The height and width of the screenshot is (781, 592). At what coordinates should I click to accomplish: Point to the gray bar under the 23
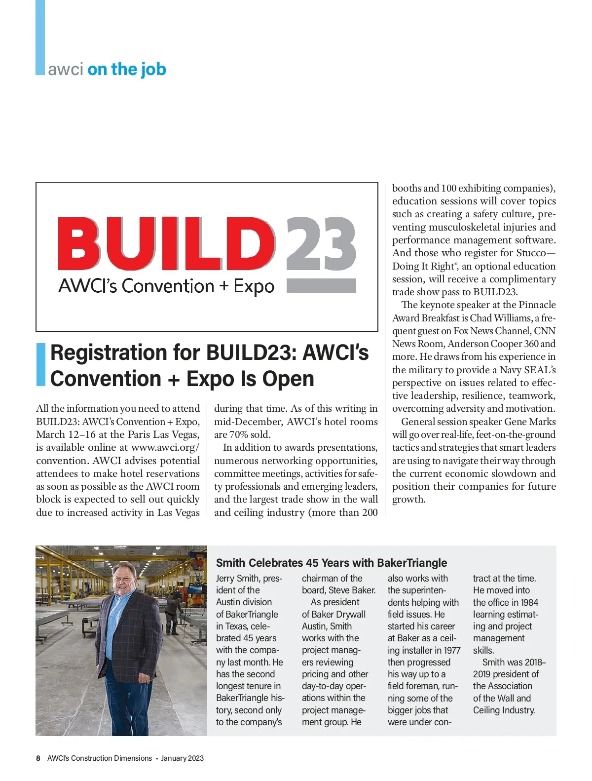pos(321,285)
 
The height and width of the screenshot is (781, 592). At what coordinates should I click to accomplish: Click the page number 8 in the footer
pos(38,758)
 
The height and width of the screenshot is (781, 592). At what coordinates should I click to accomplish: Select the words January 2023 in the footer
pos(182,758)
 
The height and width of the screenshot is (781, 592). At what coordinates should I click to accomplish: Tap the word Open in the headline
pos(288,379)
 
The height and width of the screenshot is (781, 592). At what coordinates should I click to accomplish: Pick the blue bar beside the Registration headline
pos(40,365)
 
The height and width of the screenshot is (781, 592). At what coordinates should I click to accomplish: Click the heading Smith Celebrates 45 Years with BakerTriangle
pos(332,563)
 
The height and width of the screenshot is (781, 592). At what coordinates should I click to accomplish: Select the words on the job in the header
pos(127,69)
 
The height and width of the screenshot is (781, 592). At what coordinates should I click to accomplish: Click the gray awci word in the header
pos(66,69)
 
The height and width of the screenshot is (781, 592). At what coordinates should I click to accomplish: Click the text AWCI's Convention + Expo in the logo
pos(166,286)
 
